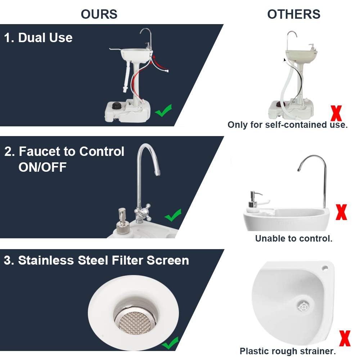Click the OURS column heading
[x=99, y=14]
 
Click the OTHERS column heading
[x=294, y=14]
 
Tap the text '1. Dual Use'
[x=38, y=37]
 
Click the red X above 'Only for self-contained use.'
[x=336, y=112]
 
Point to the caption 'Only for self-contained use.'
[x=288, y=125]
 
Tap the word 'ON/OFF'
[x=42, y=167]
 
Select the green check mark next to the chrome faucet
[x=173, y=216]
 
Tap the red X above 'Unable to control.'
[x=341, y=212]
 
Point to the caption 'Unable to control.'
[x=294, y=238]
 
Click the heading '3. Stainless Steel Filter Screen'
[x=96, y=260]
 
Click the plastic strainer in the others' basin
[x=303, y=306]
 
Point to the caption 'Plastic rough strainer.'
[x=288, y=351]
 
